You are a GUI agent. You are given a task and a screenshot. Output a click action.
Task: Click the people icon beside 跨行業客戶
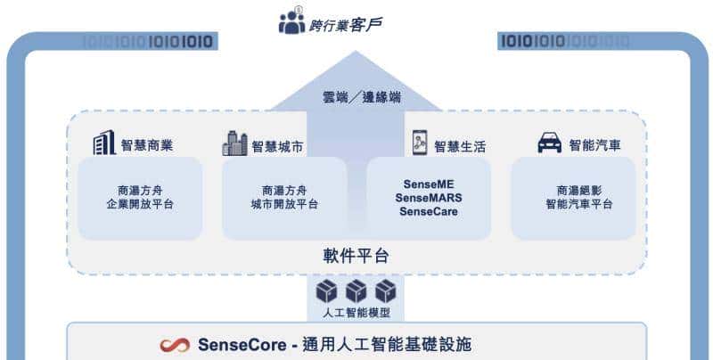point(291,22)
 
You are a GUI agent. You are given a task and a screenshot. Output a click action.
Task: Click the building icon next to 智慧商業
point(104,143)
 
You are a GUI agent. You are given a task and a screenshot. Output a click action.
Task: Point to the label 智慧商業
point(149,145)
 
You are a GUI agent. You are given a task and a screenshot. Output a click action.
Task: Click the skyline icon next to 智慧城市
point(234,143)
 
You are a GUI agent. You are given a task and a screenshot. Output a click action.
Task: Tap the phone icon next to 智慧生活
point(421,143)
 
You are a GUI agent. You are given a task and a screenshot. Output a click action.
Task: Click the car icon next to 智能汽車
point(550,143)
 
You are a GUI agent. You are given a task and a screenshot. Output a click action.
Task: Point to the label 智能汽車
point(598,145)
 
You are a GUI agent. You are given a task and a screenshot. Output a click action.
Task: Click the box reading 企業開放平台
point(140,198)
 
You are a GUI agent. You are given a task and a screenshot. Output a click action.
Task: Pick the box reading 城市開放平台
point(284,198)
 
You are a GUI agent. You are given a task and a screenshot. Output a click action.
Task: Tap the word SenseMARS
point(429,198)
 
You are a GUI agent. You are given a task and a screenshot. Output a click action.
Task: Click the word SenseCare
point(429,212)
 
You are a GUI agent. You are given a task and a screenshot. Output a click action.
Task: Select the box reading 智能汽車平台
point(573,198)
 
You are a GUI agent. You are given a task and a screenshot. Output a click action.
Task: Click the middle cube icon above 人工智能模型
point(356,291)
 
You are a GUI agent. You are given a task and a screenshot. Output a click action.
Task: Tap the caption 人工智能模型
point(356,314)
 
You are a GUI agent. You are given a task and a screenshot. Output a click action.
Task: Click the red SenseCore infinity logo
point(175,345)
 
